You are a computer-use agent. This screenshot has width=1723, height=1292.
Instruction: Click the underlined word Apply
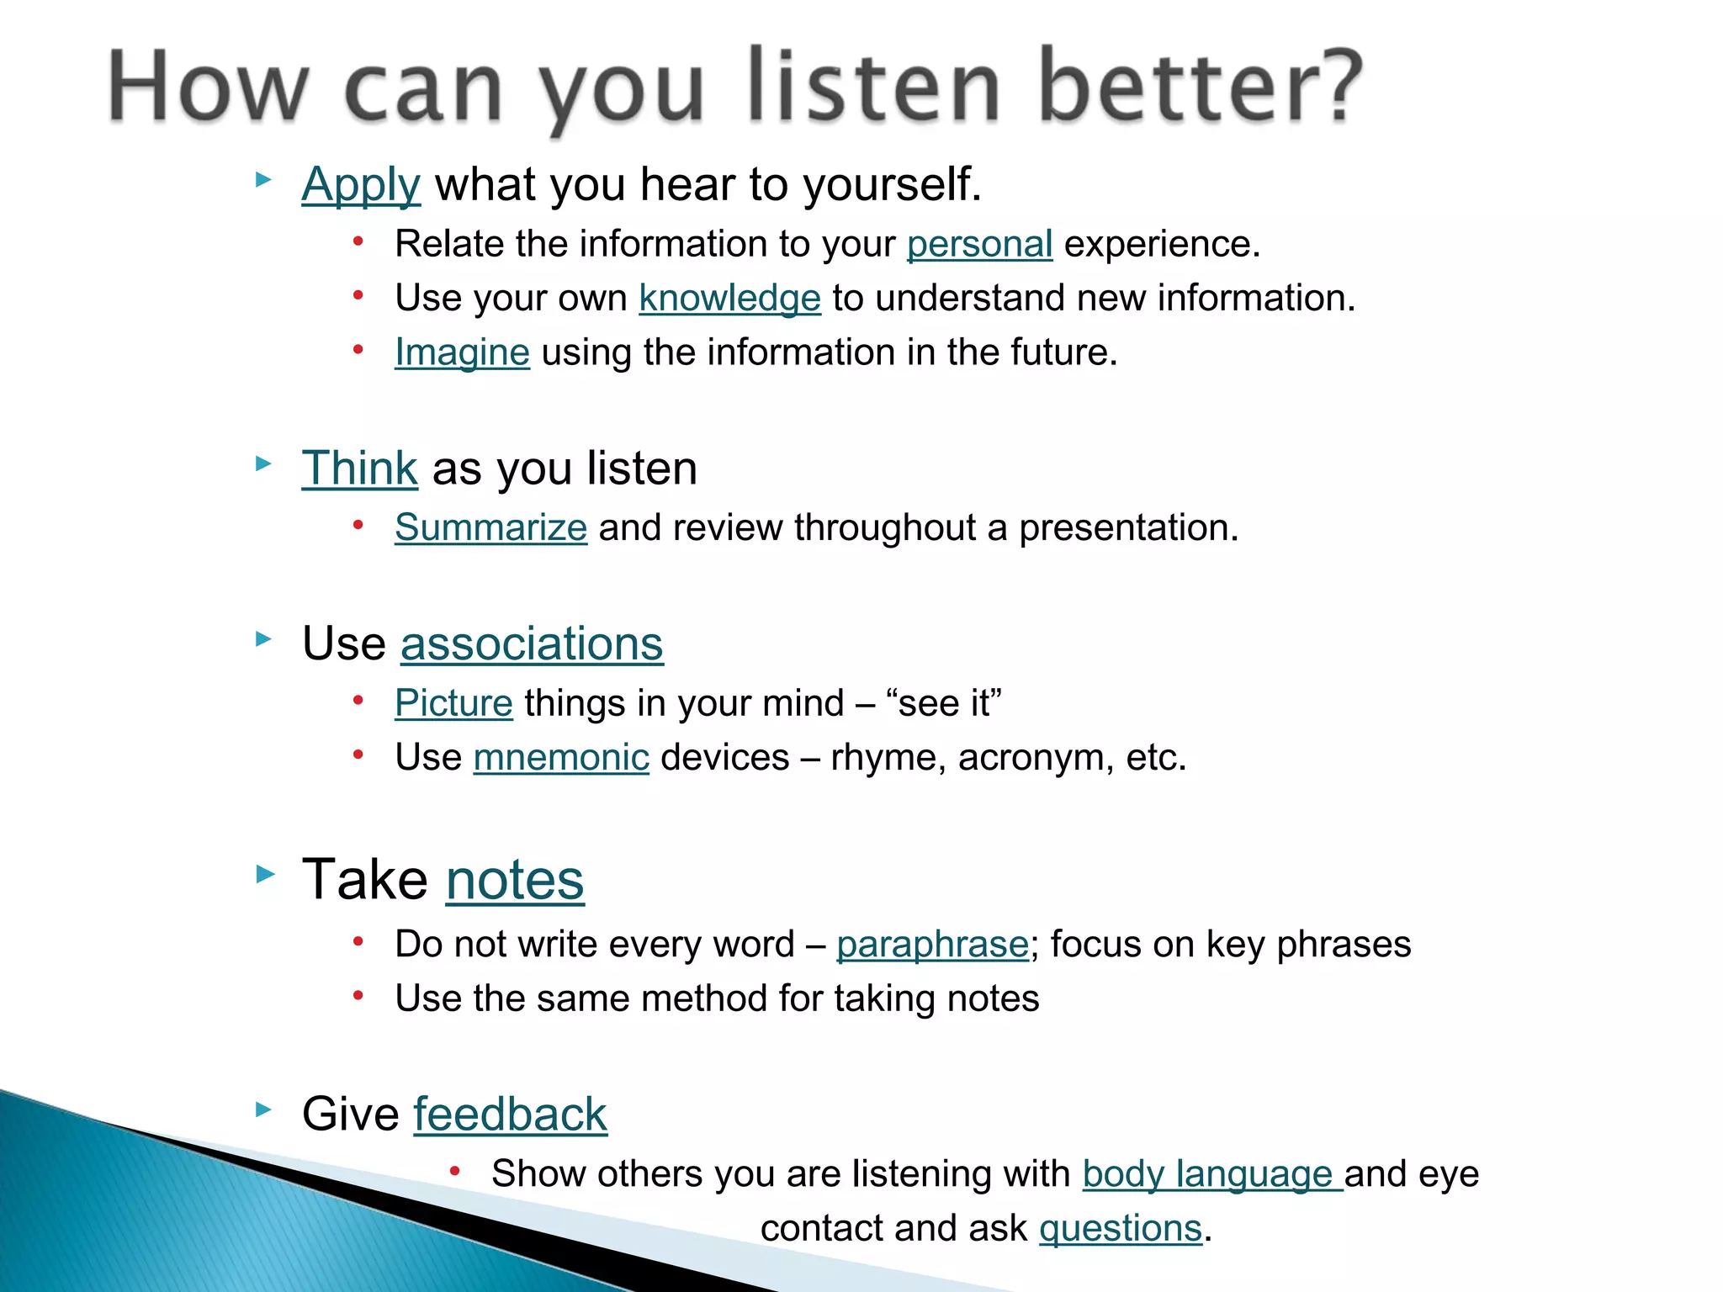coord(361,184)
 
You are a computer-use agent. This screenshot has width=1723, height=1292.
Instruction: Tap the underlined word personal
coord(979,244)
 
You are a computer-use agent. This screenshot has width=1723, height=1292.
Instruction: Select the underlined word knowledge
coord(729,299)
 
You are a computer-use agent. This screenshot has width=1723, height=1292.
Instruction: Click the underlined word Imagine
coord(462,352)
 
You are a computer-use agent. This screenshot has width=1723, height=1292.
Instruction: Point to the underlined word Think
coord(359,468)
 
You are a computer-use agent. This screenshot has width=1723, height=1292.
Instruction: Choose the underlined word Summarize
coord(490,528)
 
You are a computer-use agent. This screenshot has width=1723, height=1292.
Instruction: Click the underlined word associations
coord(532,644)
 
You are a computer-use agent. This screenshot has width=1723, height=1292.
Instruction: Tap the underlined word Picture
coord(453,703)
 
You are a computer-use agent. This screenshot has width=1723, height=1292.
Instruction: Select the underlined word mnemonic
coord(561,758)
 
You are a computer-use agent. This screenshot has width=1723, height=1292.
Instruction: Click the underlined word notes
coord(514,881)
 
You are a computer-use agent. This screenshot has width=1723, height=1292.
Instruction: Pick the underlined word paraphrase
coord(932,945)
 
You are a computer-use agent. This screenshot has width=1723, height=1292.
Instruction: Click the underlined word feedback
coord(510,1115)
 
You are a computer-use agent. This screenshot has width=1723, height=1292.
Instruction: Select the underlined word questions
coord(1121,1228)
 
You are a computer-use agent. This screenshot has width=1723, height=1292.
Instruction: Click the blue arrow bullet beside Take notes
coord(265,875)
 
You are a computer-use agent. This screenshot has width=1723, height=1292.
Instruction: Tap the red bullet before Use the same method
coord(358,997)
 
